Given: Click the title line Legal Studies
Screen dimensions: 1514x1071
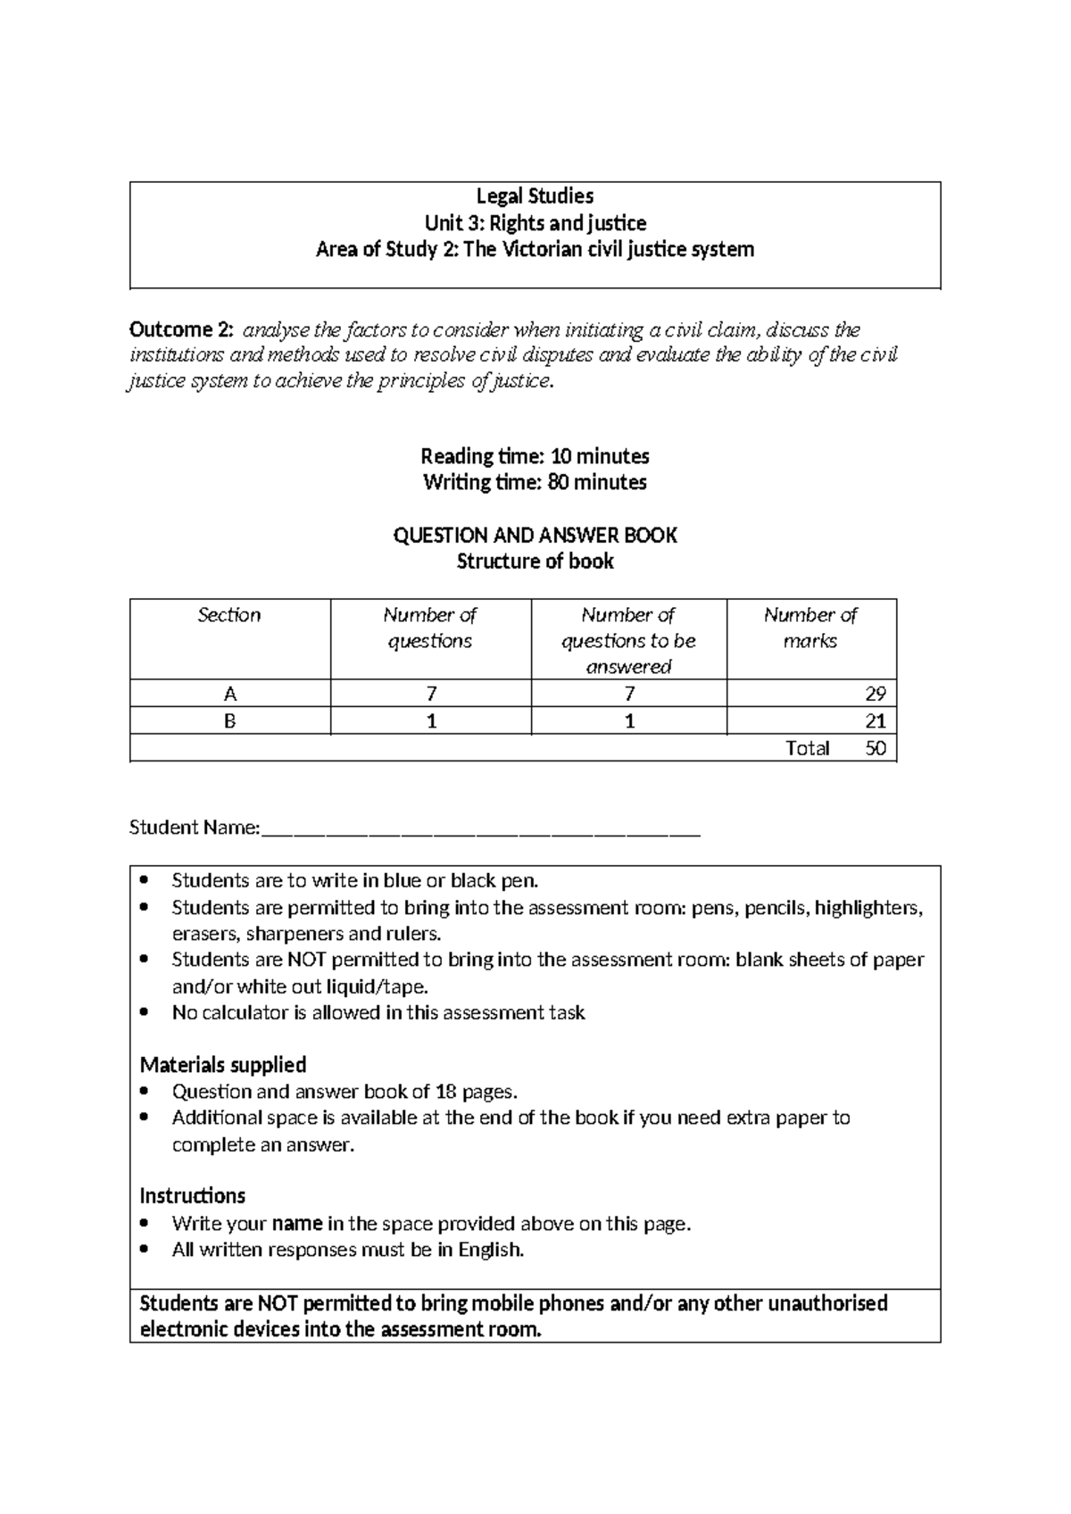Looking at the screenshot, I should (535, 196).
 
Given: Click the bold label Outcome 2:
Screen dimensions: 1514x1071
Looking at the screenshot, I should (181, 330).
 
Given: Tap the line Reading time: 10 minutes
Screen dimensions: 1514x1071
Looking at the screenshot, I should (535, 456).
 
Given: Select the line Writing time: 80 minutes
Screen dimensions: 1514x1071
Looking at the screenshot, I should (535, 483).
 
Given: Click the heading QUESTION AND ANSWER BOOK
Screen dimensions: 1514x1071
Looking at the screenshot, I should (535, 536).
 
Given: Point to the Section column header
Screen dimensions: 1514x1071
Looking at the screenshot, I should (229, 615).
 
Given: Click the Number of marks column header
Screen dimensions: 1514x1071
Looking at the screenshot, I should (810, 628).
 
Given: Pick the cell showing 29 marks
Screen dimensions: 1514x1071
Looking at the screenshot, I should (875, 694).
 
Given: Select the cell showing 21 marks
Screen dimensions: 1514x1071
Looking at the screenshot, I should (875, 721).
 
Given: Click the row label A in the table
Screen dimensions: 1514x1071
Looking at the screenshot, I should (229, 694).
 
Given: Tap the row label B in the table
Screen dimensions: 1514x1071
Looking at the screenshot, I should (229, 721).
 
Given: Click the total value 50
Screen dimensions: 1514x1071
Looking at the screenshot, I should (876, 748).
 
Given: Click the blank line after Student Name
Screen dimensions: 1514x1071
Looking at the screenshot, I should (482, 830).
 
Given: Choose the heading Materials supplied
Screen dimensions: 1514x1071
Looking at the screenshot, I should (223, 1065).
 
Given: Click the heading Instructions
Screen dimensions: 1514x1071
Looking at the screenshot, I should (192, 1196).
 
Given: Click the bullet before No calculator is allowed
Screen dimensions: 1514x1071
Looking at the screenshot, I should (146, 1013).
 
